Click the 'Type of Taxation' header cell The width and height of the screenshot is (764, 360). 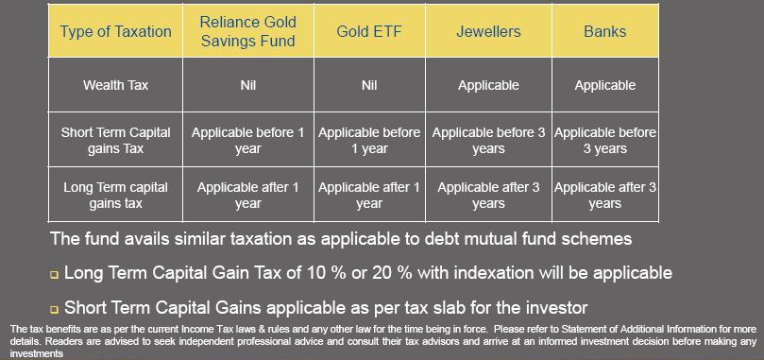pyautogui.click(x=115, y=31)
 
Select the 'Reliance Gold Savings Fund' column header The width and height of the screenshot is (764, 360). pyautogui.click(x=248, y=31)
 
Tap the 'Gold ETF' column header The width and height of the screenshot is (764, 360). pyautogui.click(x=368, y=31)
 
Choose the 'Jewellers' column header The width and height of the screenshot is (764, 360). pyautogui.click(x=488, y=31)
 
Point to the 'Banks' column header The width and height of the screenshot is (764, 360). pyautogui.click(x=604, y=31)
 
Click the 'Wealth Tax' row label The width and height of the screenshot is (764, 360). pyautogui.click(x=115, y=85)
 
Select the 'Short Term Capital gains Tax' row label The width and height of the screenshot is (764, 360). pyautogui.click(x=115, y=141)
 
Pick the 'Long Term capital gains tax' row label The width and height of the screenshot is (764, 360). pyautogui.click(x=115, y=195)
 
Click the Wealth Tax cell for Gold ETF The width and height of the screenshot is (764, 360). pyautogui.click(x=368, y=85)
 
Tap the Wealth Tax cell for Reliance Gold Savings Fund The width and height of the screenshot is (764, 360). pyautogui.click(x=248, y=85)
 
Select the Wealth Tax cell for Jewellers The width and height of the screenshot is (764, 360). pyautogui.click(x=488, y=85)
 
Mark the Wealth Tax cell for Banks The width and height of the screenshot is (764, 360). pyautogui.click(x=604, y=85)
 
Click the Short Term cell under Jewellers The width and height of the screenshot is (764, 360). pyautogui.click(x=488, y=141)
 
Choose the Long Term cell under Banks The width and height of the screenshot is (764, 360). pyautogui.click(x=604, y=195)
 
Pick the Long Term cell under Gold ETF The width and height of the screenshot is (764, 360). pyautogui.click(x=368, y=195)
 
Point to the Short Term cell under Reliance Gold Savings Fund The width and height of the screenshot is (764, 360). pyautogui.click(x=248, y=141)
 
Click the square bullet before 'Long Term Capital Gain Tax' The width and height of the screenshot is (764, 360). pyautogui.click(x=55, y=275)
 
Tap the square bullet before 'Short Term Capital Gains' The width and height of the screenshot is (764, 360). pyautogui.click(x=55, y=310)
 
